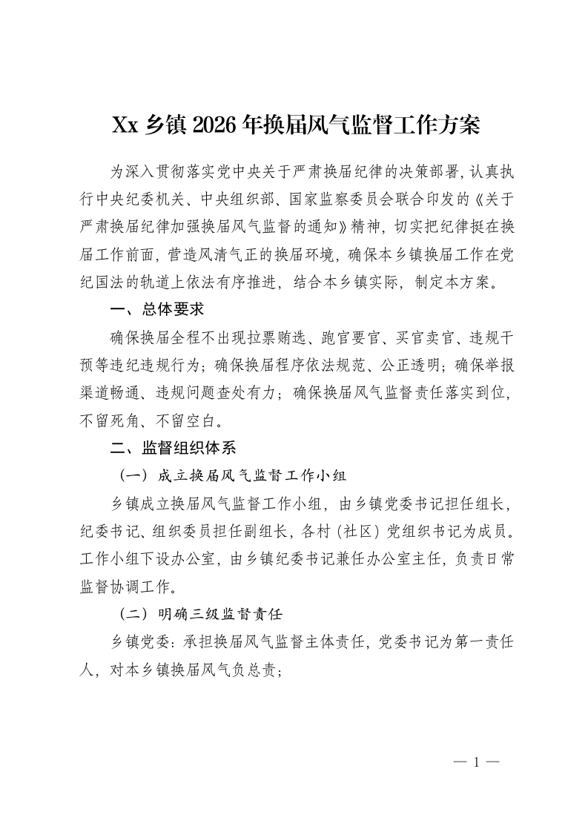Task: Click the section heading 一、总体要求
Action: [156, 309]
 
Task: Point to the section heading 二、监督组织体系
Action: [173, 449]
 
